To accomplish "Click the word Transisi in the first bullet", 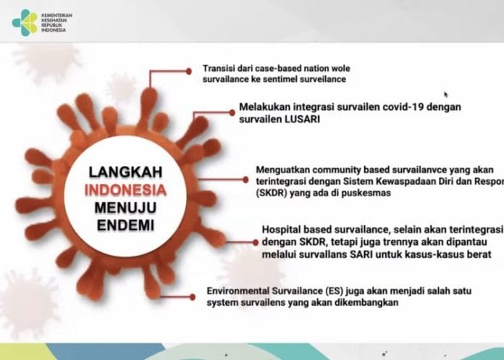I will tap(220, 68).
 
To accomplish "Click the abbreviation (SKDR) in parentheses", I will tap(273, 193).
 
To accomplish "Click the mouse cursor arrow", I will tap(445, 94).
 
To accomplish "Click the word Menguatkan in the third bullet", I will tap(284, 170).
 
